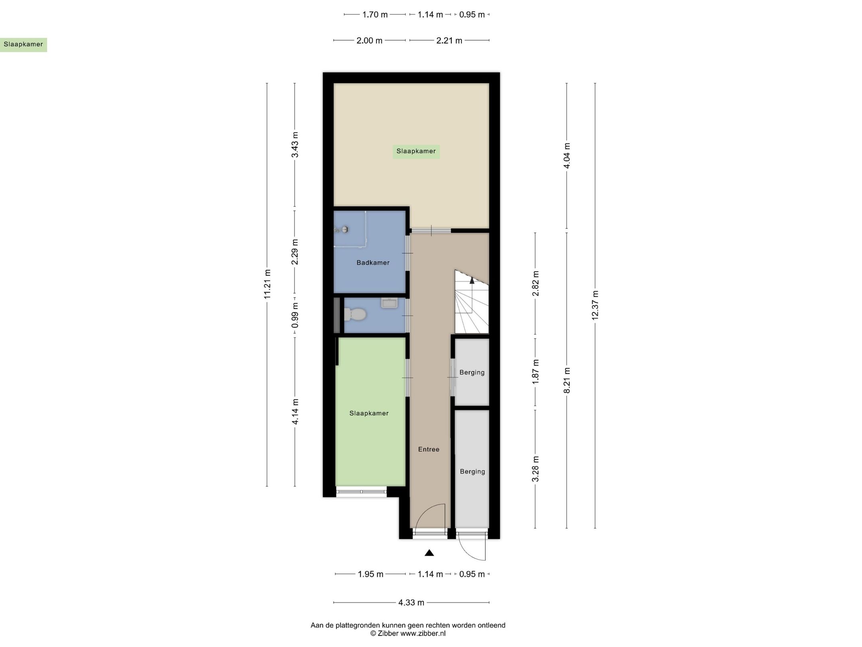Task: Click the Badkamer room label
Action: click(373, 263)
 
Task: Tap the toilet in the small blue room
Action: click(355, 314)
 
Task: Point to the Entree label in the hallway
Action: click(429, 449)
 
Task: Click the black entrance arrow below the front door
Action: click(429, 553)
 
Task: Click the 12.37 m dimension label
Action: click(595, 306)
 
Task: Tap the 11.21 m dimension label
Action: click(267, 284)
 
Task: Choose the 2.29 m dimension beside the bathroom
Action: click(295, 252)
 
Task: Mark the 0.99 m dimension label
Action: click(295, 316)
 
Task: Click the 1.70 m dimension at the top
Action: click(375, 15)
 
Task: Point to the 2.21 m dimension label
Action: click(449, 41)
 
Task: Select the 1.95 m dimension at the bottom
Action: click(370, 574)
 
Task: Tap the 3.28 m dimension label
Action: click(536, 469)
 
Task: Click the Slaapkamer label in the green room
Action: click(369, 413)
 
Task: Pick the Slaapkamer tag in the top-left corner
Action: click(23, 44)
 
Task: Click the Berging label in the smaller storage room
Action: click(472, 373)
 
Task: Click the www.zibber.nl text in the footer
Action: click(423, 633)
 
